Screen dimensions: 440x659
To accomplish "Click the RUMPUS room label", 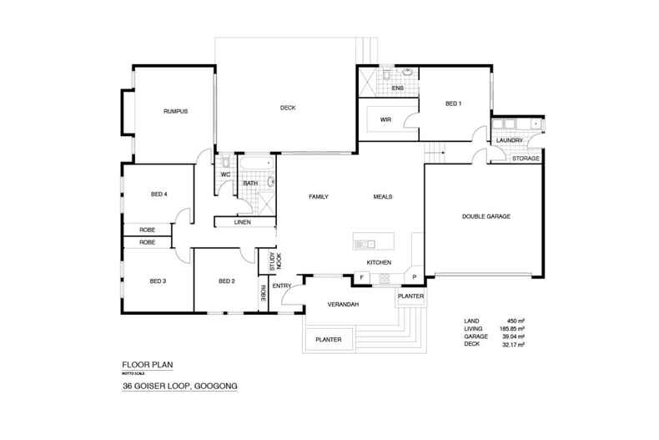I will [174, 110].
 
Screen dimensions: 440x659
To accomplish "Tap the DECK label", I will [288, 108].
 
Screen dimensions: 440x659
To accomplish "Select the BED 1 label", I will [453, 104].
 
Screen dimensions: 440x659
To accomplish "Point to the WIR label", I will [385, 120].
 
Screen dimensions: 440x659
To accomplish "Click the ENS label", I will [398, 88].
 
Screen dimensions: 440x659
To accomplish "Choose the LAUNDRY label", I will [509, 140].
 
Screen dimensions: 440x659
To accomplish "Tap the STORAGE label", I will [526, 158].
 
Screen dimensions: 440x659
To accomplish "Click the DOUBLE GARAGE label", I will [485, 216].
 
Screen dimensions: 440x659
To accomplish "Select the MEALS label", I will [383, 197].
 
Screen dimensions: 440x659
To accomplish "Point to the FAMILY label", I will [319, 197].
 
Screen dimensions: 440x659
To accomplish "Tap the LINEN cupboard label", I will [242, 222].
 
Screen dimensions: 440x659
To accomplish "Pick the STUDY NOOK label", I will [271, 261].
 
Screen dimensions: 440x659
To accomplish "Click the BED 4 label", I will [159, 195].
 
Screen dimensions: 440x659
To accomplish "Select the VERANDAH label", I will [343, 305].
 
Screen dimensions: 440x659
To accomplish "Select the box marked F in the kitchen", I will [362, 277].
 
